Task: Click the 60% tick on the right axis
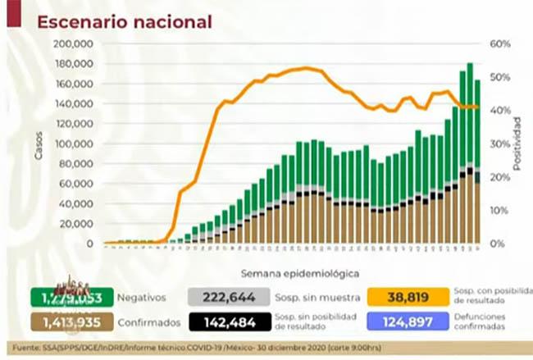pyautogui.click(x=501, y=44)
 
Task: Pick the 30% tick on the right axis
pyautogui.click(x=501, y=144)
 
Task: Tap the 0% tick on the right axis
pyautogui.click(x=499, y=244)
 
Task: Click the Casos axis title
pyautogui.click(x=39, y=144)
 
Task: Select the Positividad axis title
pyautogui.click(x=517, y=144)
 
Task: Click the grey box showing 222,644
pyautogui.click(x=223, y=297)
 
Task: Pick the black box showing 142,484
pyautogui.click(x=223, y=321)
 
